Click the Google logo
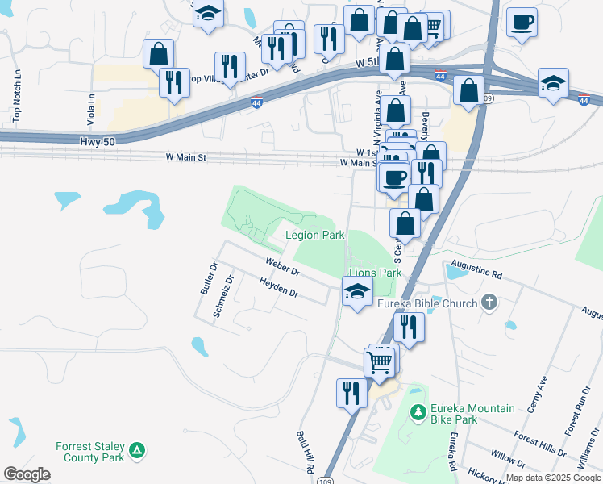click(x=27, y=474)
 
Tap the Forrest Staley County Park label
click(x=90, y=452)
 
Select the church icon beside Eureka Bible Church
click(x=488, y=303)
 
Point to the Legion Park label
click(x=316, y=235)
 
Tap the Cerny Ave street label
click(x=537, y=394)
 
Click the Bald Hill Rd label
click(x=308, y=451)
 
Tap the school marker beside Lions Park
click(x=356, y=291)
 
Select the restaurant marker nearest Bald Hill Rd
click(x=351, y=393)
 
